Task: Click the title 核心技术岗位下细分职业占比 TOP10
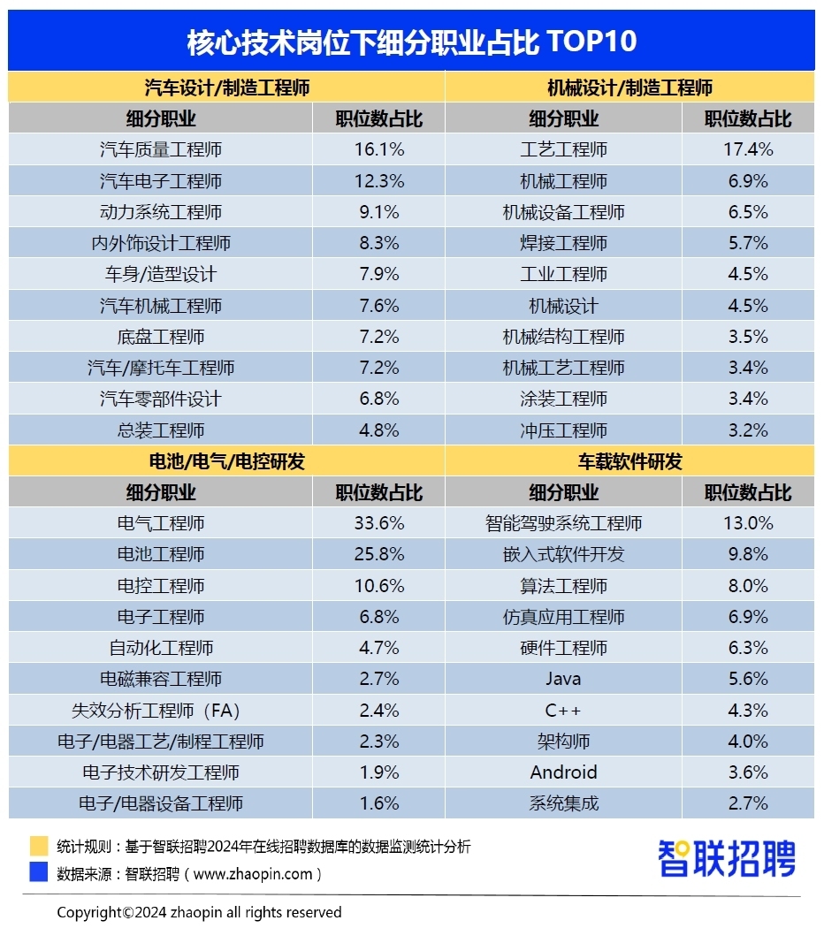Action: (x=411, y=42)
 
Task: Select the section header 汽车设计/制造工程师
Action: (x=227, y=87)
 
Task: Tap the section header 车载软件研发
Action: (x=630, y=461)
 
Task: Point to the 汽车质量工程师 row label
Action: (x=161, y=149)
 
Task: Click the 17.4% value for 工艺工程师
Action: (x=748, y=149)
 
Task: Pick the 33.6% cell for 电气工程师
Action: (x=379, y=523)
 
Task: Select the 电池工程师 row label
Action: (x=161, y=554)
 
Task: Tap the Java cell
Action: (x=563, y=679)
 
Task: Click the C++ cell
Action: (x=563, y=710)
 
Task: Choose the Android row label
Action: (x=563, y=772)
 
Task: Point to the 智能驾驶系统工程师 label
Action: (x=563, y=523)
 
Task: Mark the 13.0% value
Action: (x=748, y=523)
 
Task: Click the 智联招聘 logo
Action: (x=727, y=858)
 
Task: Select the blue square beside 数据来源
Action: (x=38, y=873)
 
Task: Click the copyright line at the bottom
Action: (x=199, y=912)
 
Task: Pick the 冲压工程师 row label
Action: (x=563, y=430)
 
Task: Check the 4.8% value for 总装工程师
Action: (x=379, y=430)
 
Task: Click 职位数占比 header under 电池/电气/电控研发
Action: (x=379, y=492)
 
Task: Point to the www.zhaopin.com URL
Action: (x=253, y=874)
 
